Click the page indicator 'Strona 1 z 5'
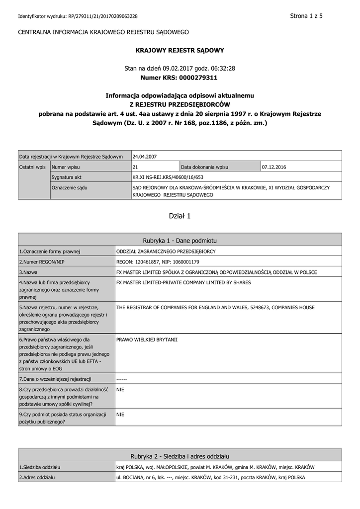pos(306,16)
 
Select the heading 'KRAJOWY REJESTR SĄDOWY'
pos(180,50)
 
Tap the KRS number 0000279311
pos(197,78)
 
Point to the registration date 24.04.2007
pos(145,156)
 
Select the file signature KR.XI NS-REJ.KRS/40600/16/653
pos(168,176)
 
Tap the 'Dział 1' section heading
pos(180,216)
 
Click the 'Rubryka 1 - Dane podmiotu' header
pos(180,240)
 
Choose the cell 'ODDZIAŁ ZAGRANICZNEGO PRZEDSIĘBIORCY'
pos(166,252)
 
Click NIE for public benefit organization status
pos(120,414)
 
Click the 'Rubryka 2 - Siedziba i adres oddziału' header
pos(180,456)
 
